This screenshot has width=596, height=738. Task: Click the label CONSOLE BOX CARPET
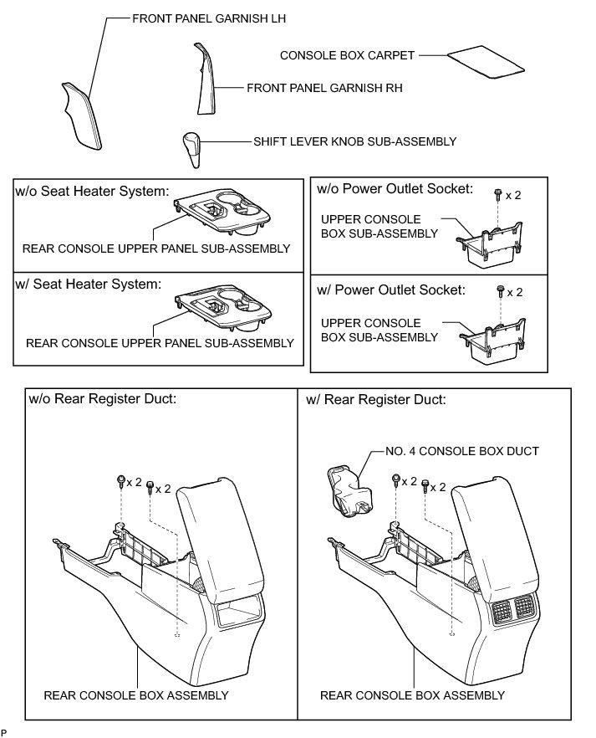tap(347, 56)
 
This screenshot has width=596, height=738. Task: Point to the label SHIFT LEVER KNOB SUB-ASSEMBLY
tap(355, 142)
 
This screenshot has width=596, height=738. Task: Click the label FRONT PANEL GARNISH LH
tap(204, 18)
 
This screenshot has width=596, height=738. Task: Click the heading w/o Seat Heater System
tap(93, 192)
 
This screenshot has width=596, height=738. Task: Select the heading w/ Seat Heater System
tap(88, 284)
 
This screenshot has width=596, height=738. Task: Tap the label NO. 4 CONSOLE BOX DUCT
tap(462, 452)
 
